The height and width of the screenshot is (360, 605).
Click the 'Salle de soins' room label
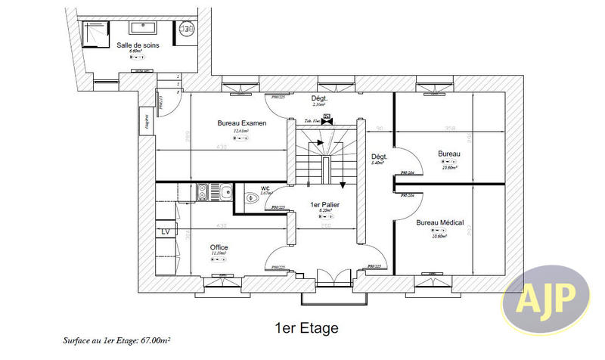tap(137, 45)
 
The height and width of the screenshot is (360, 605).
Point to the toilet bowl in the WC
tap(252, 198)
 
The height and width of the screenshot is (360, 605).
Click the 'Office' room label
tap(219, 248)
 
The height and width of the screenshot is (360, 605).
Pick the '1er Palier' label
tap(325, 205)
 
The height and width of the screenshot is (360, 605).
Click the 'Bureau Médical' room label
tap(439, 223)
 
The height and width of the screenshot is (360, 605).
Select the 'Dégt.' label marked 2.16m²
tap(318, 99)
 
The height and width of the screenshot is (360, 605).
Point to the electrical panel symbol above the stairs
tap(327, 119)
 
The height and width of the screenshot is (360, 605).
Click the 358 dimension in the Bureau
tap(449, 128)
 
